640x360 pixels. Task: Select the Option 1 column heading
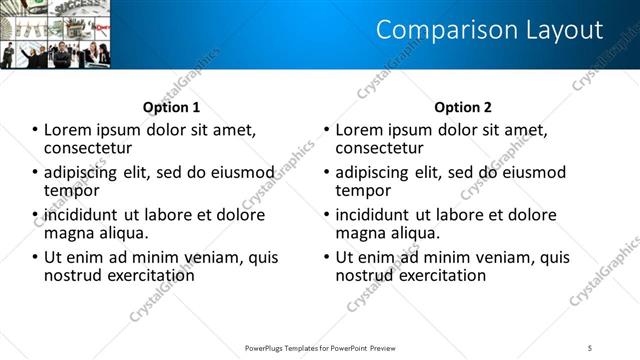[x=171, y=107]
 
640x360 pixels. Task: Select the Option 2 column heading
[x=463, y=107]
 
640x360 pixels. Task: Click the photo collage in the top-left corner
[x=55, y=34]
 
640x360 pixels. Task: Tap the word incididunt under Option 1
[x=81, y=214]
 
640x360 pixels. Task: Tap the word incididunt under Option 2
[x=373, y=214]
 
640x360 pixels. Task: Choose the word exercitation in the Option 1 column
[x=146, y=274]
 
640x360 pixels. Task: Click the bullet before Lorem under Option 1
[x=35, y=130]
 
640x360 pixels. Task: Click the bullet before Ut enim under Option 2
[x=327, y=257]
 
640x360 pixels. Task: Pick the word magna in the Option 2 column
[x=360, y=233]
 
